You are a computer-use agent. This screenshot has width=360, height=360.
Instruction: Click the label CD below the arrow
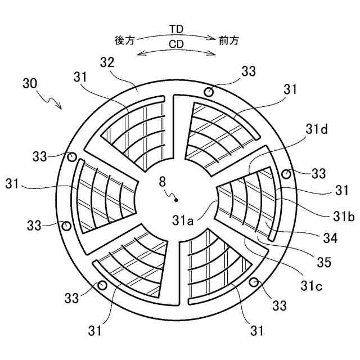[x=177, y=43]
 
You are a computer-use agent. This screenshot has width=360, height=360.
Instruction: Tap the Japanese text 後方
[x=124, y=40]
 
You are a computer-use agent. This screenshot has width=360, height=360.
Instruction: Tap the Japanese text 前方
[x=229, y=40]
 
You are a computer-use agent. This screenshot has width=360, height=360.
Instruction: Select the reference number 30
[x=31, y=84]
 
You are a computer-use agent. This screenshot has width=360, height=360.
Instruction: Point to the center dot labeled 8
[x=177, y=199]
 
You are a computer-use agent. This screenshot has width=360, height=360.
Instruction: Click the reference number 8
[x=163, y=182]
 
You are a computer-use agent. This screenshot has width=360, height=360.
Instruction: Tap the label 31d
[x=317, y=130]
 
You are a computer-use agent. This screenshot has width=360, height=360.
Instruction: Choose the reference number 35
[x=323, y=262]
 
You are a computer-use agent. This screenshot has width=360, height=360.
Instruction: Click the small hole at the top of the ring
[x=209, y=91]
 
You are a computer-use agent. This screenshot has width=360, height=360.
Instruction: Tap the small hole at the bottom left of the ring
[x=102, y=285]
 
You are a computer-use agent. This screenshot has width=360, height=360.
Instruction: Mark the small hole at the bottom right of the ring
[x=254, y=282]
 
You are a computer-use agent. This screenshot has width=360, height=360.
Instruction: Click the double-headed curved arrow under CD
[x=177, y=52]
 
